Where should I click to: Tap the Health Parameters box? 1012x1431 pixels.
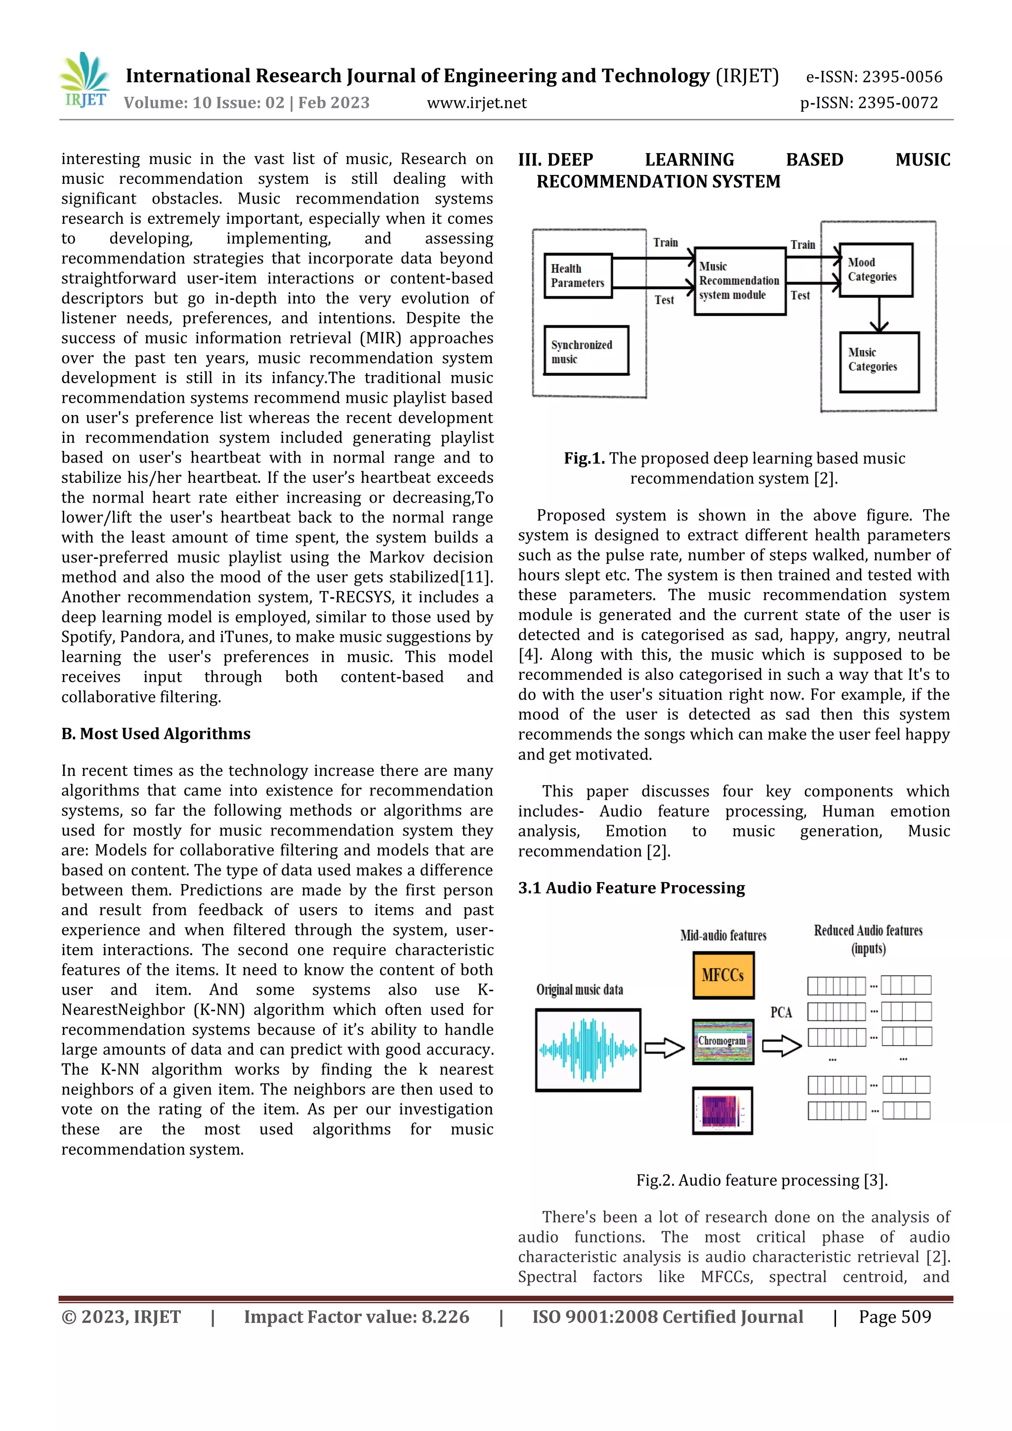[x=578, y=276]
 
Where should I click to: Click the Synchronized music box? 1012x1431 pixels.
[x=586, y=351]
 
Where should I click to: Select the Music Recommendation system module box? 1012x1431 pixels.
[x=740, y=281]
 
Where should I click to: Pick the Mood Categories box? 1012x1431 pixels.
[x=876, y=270]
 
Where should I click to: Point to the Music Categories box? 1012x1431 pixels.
[x=879, y=362]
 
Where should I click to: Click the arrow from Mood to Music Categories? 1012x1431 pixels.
[x=879, y=315]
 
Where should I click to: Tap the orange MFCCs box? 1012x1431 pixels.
[x=723, y=975]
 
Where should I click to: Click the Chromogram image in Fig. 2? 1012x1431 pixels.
[x=722, y=1041]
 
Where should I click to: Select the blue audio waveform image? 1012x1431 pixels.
[x=588, y=1050]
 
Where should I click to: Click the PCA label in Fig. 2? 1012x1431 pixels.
[x=781, y=1012]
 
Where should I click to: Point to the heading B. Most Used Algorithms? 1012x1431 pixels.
[x=156, y=734]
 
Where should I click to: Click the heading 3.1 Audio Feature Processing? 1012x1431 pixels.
[x=631, y=887]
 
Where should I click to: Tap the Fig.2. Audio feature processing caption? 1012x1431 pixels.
[x=761, y=1180]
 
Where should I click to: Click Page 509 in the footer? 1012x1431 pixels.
[x=894, y=1316]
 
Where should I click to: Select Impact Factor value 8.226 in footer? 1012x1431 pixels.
[x=356, y=1316]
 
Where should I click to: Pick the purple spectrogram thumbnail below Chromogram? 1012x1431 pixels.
[x=722, y=1111]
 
